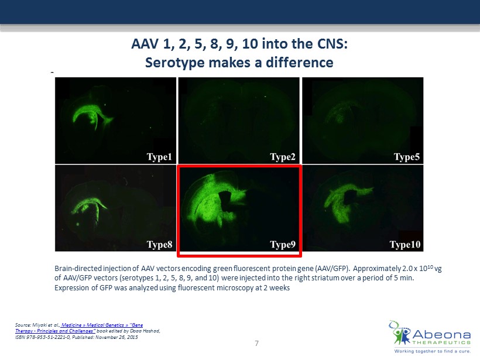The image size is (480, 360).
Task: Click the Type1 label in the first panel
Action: coord(159,157)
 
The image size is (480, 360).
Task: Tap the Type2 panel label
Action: coord(283,157)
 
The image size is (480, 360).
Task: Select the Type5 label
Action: coord(406,157)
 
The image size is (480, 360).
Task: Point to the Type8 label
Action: coord(159,244)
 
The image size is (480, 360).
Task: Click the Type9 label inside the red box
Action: coord(283,244)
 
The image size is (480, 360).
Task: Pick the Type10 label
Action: coord(405,244)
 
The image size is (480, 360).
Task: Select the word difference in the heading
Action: coord(299,63)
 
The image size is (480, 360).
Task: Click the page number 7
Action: coord(256,344)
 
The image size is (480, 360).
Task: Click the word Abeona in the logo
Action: coord(441,334)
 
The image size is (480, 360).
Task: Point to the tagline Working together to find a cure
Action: coord(432,351)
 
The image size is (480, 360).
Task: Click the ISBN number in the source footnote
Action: coord(43,337)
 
